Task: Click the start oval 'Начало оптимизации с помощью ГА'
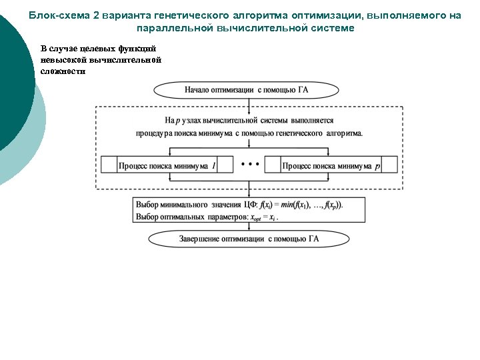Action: (249, 89)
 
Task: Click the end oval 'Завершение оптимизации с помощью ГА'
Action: (249, 239)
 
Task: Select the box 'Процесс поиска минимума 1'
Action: (167, 165)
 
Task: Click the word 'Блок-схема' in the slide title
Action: (60, 15)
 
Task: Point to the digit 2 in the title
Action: (96, 15)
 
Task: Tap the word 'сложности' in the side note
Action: (63, 71)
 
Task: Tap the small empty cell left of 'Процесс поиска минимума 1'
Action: (108, 165)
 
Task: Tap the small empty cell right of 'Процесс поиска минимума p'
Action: (389, 165)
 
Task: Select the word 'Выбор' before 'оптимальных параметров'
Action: (147, 217)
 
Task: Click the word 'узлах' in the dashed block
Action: (194, 120)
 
